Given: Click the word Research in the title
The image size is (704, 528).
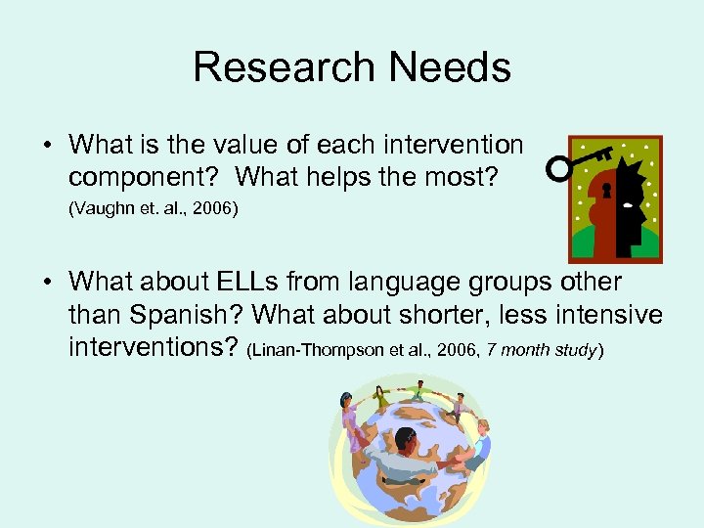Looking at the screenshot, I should [284, 67].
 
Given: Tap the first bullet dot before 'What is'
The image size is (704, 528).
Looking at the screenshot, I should [47, 146].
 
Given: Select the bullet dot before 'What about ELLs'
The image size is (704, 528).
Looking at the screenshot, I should [47, 283].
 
